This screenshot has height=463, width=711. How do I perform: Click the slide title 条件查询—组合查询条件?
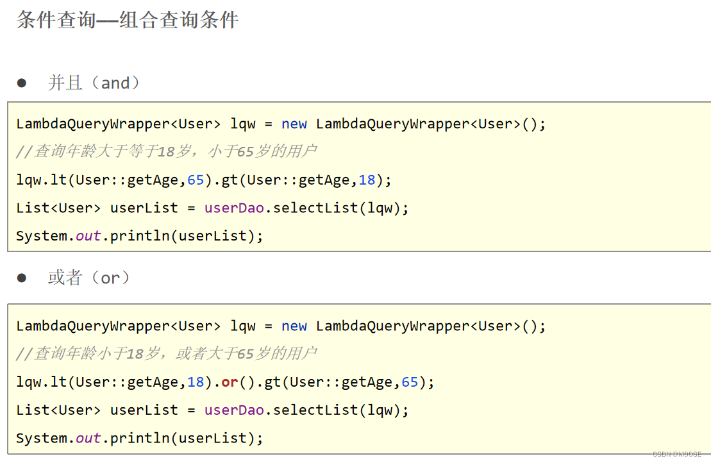pos(128,20)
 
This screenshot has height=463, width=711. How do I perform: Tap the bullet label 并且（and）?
pos(94,83)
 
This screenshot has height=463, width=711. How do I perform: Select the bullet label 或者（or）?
pos(89,278)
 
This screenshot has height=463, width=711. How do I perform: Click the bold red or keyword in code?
pos(230,382)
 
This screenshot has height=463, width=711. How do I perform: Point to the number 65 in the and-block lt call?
pos(196,180)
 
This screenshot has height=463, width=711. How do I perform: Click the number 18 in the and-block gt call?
pos(367,180)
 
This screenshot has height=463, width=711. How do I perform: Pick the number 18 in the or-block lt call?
pos(196,382)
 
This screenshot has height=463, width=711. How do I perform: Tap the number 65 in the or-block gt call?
pos(410,382)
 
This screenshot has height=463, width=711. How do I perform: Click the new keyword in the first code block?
pos(294,124)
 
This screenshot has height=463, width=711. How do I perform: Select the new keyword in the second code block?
pos(294,326)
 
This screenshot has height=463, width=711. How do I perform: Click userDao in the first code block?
pos(234,208)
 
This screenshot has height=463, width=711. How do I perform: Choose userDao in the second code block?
pos(234,410)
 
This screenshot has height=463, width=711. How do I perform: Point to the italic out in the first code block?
pos(88,235)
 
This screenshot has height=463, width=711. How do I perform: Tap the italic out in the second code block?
pos(88,438)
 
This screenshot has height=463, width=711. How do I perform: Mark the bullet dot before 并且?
pos(22,83)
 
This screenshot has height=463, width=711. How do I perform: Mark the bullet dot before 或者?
pos(22,278)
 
